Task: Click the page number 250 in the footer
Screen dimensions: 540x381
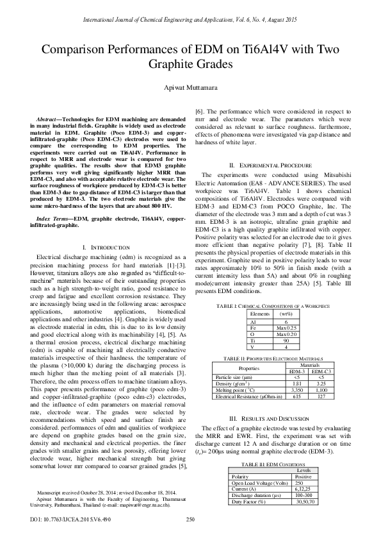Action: pos(190,519)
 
